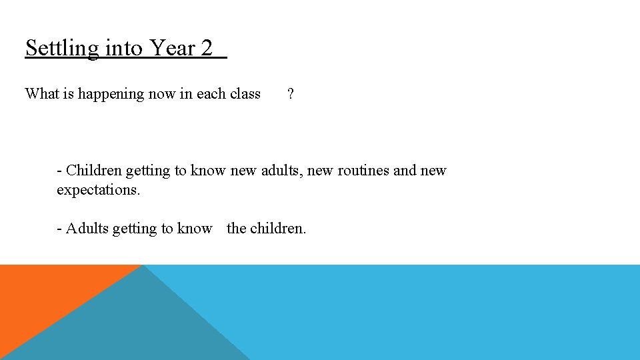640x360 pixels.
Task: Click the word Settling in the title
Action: [61, 49]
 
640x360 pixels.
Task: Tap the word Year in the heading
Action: [172, 48]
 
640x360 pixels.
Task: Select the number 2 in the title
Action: [206, 48]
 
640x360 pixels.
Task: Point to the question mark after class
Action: [290, 94]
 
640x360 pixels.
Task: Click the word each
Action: [211, 94]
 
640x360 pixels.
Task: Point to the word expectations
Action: [98, 190]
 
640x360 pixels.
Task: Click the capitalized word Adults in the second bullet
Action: [87, 229]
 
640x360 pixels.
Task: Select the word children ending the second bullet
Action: [277, 229]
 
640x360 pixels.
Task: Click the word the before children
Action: [236, 229]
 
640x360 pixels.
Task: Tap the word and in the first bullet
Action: [405, 171]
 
